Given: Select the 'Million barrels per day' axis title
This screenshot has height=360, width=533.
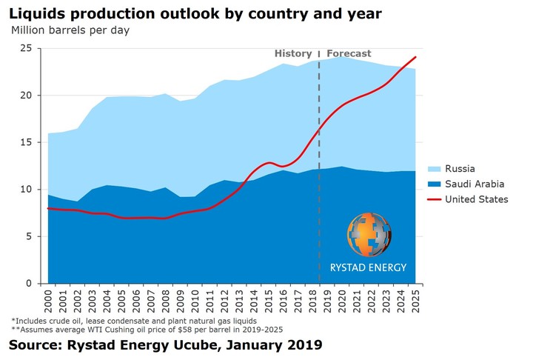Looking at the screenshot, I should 70,30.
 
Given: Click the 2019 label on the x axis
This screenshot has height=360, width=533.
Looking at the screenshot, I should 328,301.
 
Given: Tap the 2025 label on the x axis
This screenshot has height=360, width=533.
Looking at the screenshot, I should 416,301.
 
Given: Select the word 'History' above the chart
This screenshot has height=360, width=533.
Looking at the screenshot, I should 293,53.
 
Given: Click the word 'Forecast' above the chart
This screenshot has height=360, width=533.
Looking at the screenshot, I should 349,53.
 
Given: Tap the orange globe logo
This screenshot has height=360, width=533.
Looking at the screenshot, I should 368,234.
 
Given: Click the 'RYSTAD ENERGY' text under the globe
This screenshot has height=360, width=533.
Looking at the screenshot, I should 368,267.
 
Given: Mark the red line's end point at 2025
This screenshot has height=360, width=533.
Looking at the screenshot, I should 416,57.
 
